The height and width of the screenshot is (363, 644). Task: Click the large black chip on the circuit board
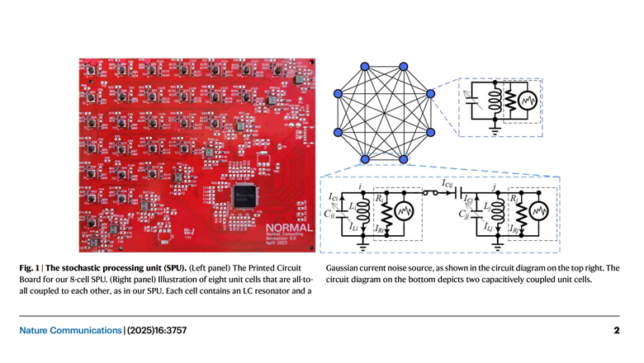pos(243,196)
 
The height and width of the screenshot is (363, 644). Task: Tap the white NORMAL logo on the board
pos(290,226)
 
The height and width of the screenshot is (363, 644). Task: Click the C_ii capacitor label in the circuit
pos(330,212)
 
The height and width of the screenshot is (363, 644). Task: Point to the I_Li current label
pos(354,226)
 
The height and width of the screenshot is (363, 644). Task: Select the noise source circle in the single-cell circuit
pos(526,101)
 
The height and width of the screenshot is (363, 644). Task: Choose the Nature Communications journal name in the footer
pos(71,331)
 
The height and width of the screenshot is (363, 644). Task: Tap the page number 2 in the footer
pos(616,331)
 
